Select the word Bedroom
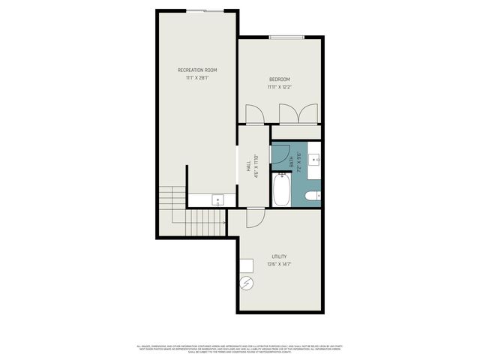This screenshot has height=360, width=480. tap(280, 79)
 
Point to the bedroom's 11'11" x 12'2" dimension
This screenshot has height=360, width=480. tap(280, 87)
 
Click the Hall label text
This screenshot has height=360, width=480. tap(248, 166)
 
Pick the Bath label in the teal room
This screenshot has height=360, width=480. tap(292, 163)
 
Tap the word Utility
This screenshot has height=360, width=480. tap(279, 256)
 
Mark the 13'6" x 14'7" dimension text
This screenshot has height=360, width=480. tap(279, 264)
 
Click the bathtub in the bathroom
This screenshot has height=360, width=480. tap(283, 190)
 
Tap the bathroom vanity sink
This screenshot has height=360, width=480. tap(316, 160)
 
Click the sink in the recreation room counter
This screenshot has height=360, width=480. tap(218, 199)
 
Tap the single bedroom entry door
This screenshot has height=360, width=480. tap(253, 115)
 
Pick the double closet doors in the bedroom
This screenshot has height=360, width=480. tap(298, 115)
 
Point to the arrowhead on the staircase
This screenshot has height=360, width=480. tap(224, 221)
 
